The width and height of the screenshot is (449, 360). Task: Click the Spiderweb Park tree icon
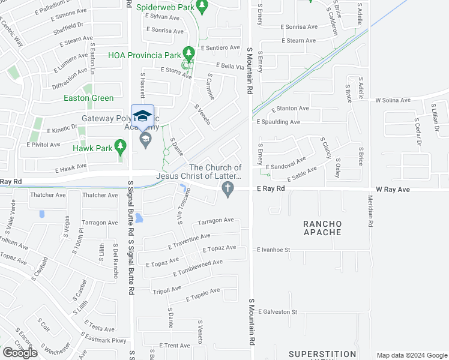click(x=202, y=7)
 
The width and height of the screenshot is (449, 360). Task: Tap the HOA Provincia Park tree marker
click(x=189, y=55)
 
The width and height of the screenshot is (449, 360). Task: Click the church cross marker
click(x=227, y=190)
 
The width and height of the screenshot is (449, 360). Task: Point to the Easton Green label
click(x=90, y=98)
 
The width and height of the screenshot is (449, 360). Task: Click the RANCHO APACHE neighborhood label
click(x=322, y=229)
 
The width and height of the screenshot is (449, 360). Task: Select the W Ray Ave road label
click(x=393, y=190)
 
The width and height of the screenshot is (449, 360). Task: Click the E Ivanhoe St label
click(x=273, y=250)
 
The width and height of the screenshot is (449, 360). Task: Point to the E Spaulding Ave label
click(x=278, y=122)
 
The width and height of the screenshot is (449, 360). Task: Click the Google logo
click(x=20, y=353)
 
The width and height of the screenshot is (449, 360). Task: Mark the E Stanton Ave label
click(x=290, y=109)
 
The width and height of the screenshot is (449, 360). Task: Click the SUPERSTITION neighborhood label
click(x=322, y=354)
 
